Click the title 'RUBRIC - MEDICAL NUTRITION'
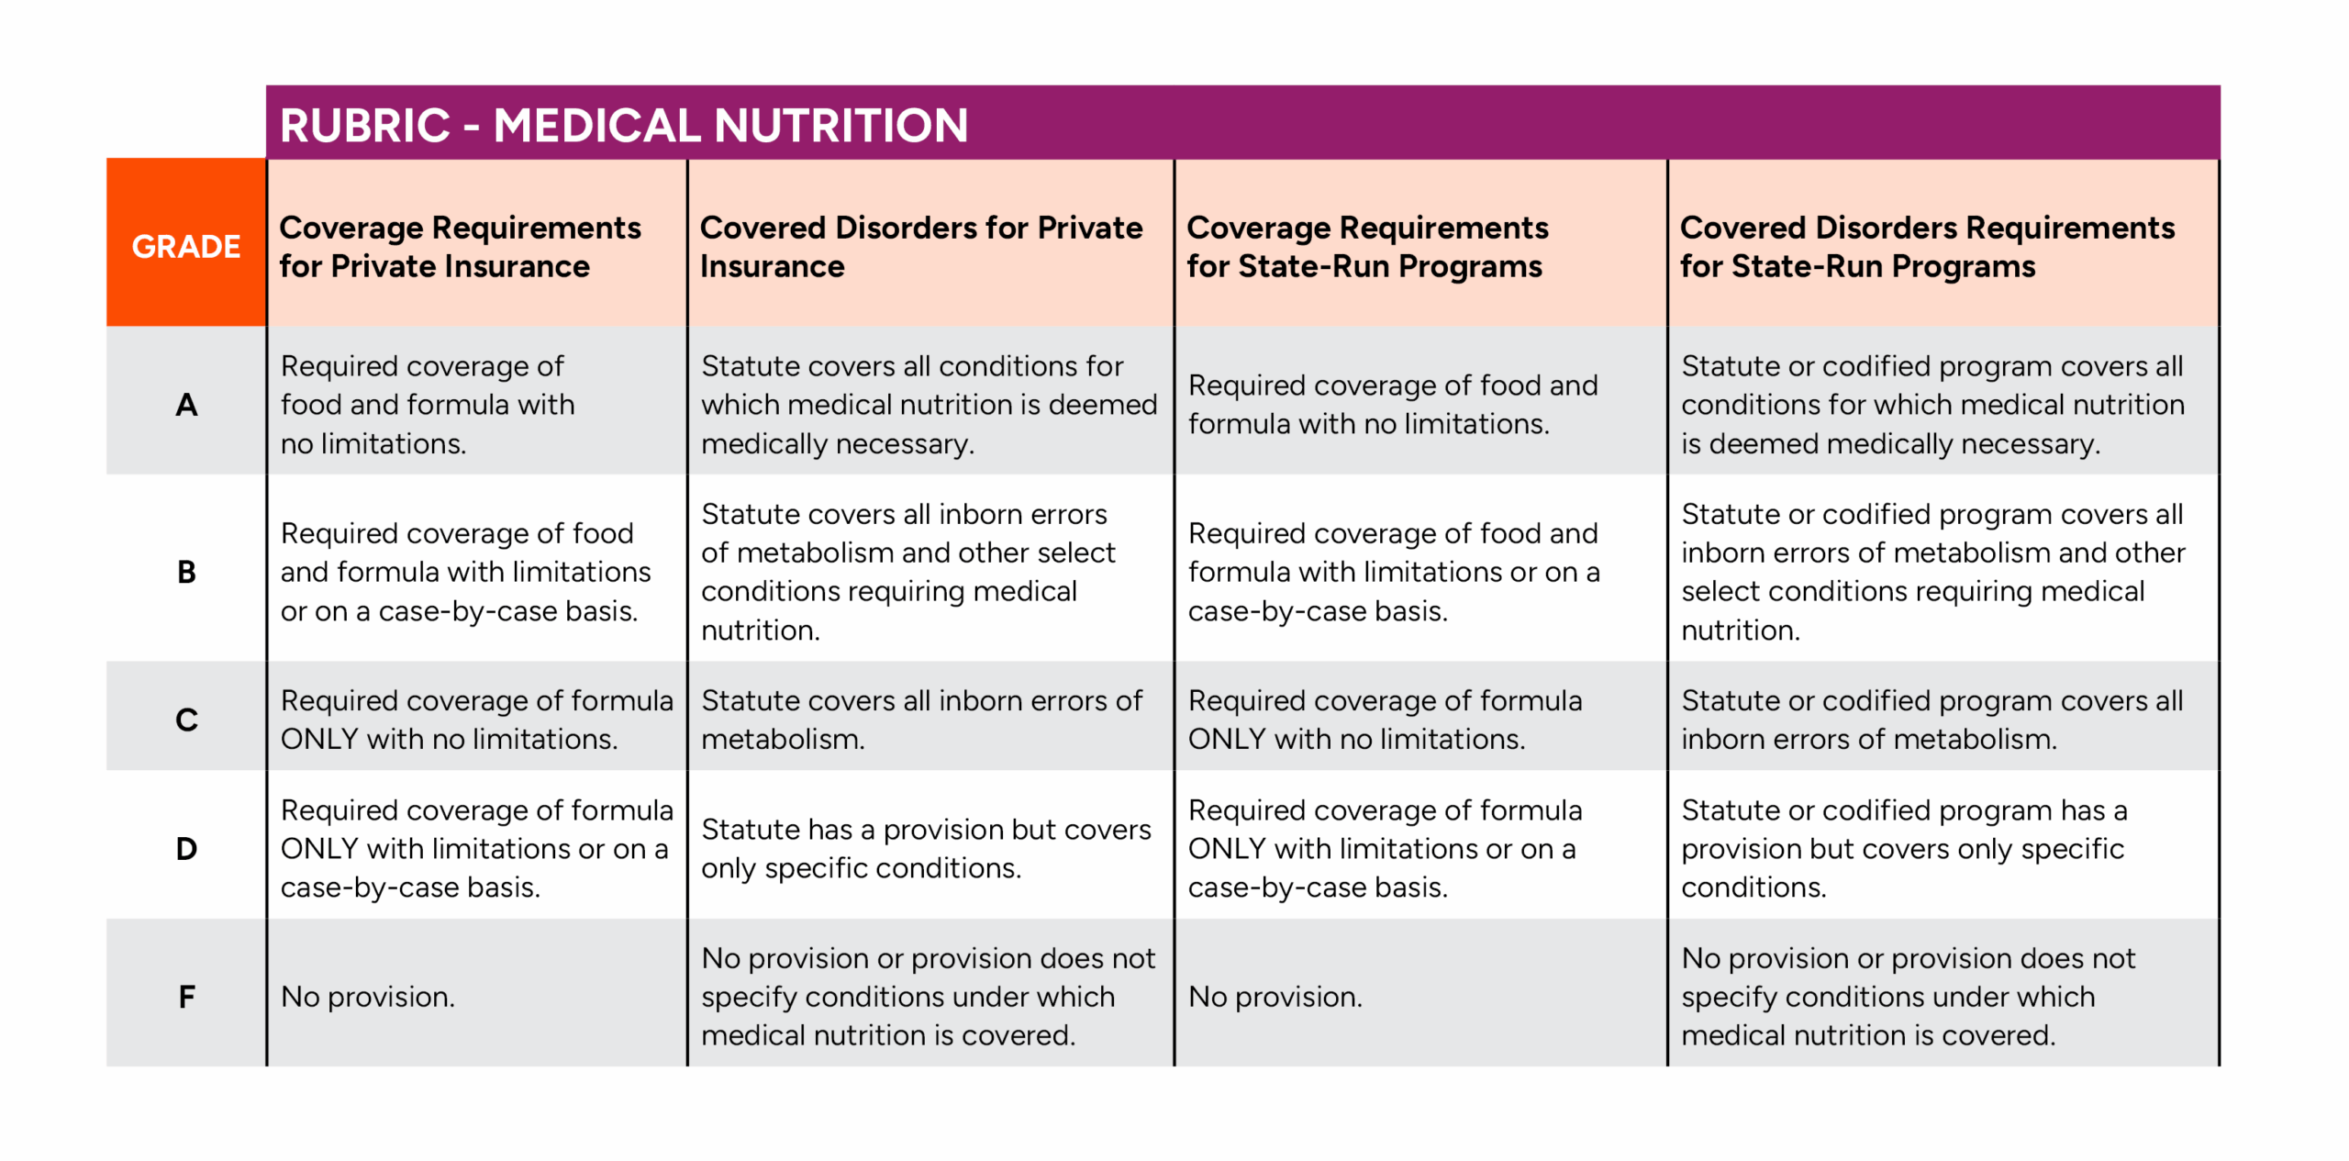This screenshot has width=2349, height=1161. (623, 125)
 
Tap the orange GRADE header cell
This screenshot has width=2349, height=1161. (186, 242)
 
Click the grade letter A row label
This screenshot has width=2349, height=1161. (186, 404)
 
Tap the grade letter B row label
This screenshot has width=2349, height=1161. (186, 572)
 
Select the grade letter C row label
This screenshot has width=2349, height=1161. (186, 720)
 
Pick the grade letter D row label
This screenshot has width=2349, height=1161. (186, 848)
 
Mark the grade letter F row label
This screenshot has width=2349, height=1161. (186, 996)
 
